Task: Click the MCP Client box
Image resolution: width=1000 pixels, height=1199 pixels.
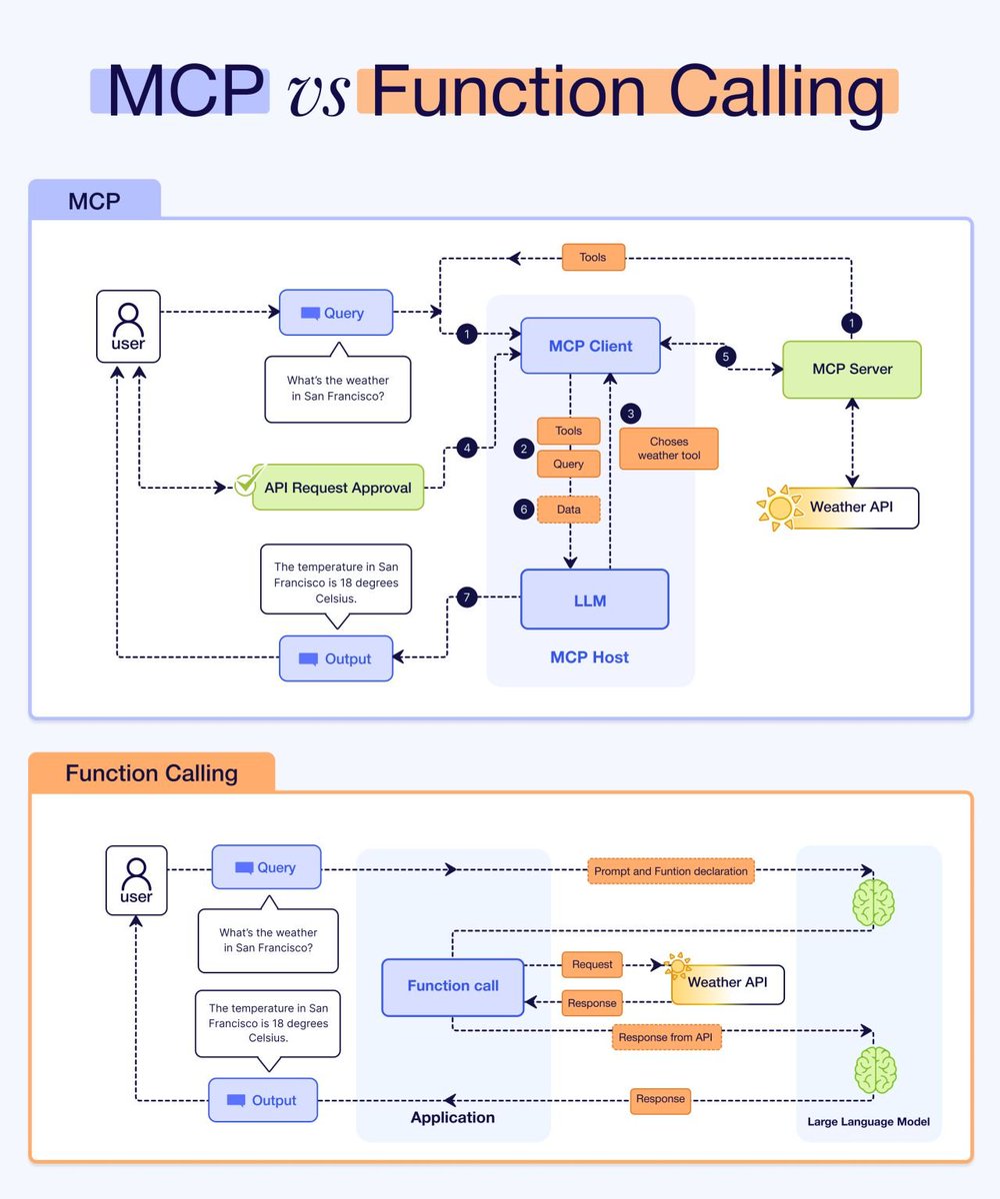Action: pyautogui.click(x=590, y=346)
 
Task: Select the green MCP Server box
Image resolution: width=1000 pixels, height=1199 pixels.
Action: pyautogui.click(x=851, y=369)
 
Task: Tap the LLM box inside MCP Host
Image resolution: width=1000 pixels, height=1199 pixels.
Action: pyautogui.click(x=594, y=599)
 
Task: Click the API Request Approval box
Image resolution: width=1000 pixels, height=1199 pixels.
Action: pyautogui.click(x=337, y=488)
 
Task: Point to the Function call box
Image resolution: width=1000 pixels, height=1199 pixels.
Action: pyautogui.click(x=453, y=986)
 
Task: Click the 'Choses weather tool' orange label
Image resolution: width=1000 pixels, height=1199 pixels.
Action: pyautogui.click(x=668, y=449)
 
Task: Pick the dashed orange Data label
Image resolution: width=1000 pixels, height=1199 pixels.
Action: pyautogui.click(x=568, y=510)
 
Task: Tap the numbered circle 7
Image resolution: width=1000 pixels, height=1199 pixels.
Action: pyautogui.click(x=465, y=599)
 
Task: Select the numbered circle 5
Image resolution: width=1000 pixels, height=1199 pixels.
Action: pyautogui.click(x=727, y=356)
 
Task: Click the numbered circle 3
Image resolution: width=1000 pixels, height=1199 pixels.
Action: pyautogui.click(x=630, y=412)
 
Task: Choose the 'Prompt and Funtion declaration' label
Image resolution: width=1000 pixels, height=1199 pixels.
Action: pyautogui.click(x=670, y=871)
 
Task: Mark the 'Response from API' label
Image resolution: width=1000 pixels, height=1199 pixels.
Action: pyautogui.click(x=666, y=1037)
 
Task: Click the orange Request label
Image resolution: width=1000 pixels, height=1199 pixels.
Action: pyautogui.click(x=592, y=965)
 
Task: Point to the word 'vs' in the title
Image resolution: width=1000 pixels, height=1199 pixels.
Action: pyautogui.click(x=317, y=94)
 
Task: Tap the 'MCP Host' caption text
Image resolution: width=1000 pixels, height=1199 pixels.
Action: pyautogui.click(x=590, y=657)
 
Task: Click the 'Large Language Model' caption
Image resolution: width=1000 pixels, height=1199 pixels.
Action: pyautogui.click(x=868, y=1122)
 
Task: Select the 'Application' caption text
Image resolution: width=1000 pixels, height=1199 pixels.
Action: pyautogui.click(x=452, y=1117)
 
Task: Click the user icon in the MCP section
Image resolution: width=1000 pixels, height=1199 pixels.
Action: pyautogui.click(x=128, y=326)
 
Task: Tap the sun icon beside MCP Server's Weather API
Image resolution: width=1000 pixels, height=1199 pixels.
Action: pyautogui.click(x=778, y=508)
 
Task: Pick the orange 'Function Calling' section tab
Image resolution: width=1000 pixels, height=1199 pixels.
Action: pyautogui.click(x=151, y=773)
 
